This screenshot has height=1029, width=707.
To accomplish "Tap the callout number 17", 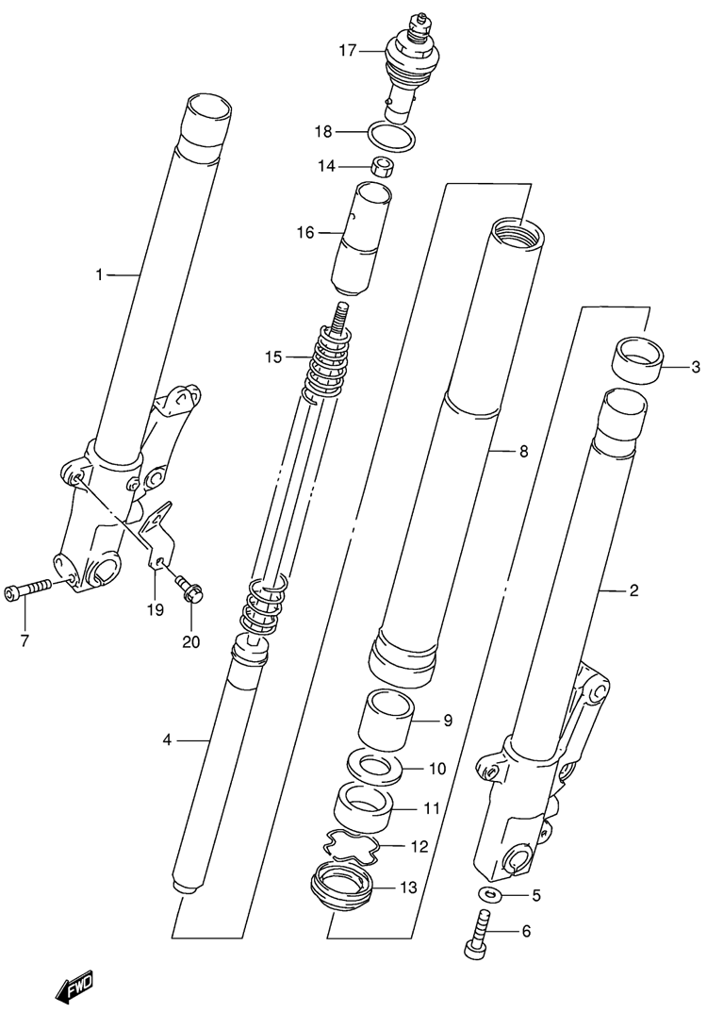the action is tap(348, 50).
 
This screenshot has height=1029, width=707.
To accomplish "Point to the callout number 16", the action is tap(305, 232).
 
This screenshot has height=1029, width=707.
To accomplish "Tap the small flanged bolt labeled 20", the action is tap(189, 587).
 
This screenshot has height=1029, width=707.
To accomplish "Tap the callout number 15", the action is tap(273, 357).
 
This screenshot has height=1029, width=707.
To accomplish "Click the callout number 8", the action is tap(522, 452).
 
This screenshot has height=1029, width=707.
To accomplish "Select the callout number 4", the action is tap(167, 740).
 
